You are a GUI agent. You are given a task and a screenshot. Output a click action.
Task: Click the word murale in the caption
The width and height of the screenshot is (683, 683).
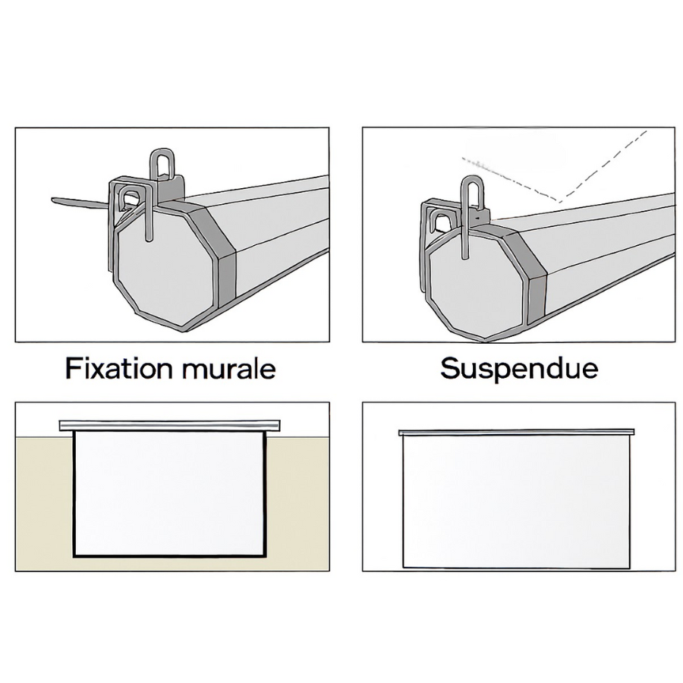229,369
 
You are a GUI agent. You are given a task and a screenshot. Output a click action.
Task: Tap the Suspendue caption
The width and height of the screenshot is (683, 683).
519,370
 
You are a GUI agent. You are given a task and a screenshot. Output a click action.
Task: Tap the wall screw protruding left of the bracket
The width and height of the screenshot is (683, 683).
78,202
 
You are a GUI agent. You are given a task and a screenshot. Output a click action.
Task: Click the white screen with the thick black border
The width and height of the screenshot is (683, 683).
169,494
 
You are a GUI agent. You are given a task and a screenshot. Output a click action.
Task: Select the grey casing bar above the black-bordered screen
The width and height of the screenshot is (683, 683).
169,425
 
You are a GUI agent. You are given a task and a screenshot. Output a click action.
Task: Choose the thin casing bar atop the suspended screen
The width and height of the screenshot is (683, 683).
516,432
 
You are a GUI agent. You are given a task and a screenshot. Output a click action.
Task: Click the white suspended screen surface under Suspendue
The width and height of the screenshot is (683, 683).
516,502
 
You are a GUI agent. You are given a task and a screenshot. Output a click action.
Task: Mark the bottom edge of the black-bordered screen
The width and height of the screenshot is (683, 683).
169,556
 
